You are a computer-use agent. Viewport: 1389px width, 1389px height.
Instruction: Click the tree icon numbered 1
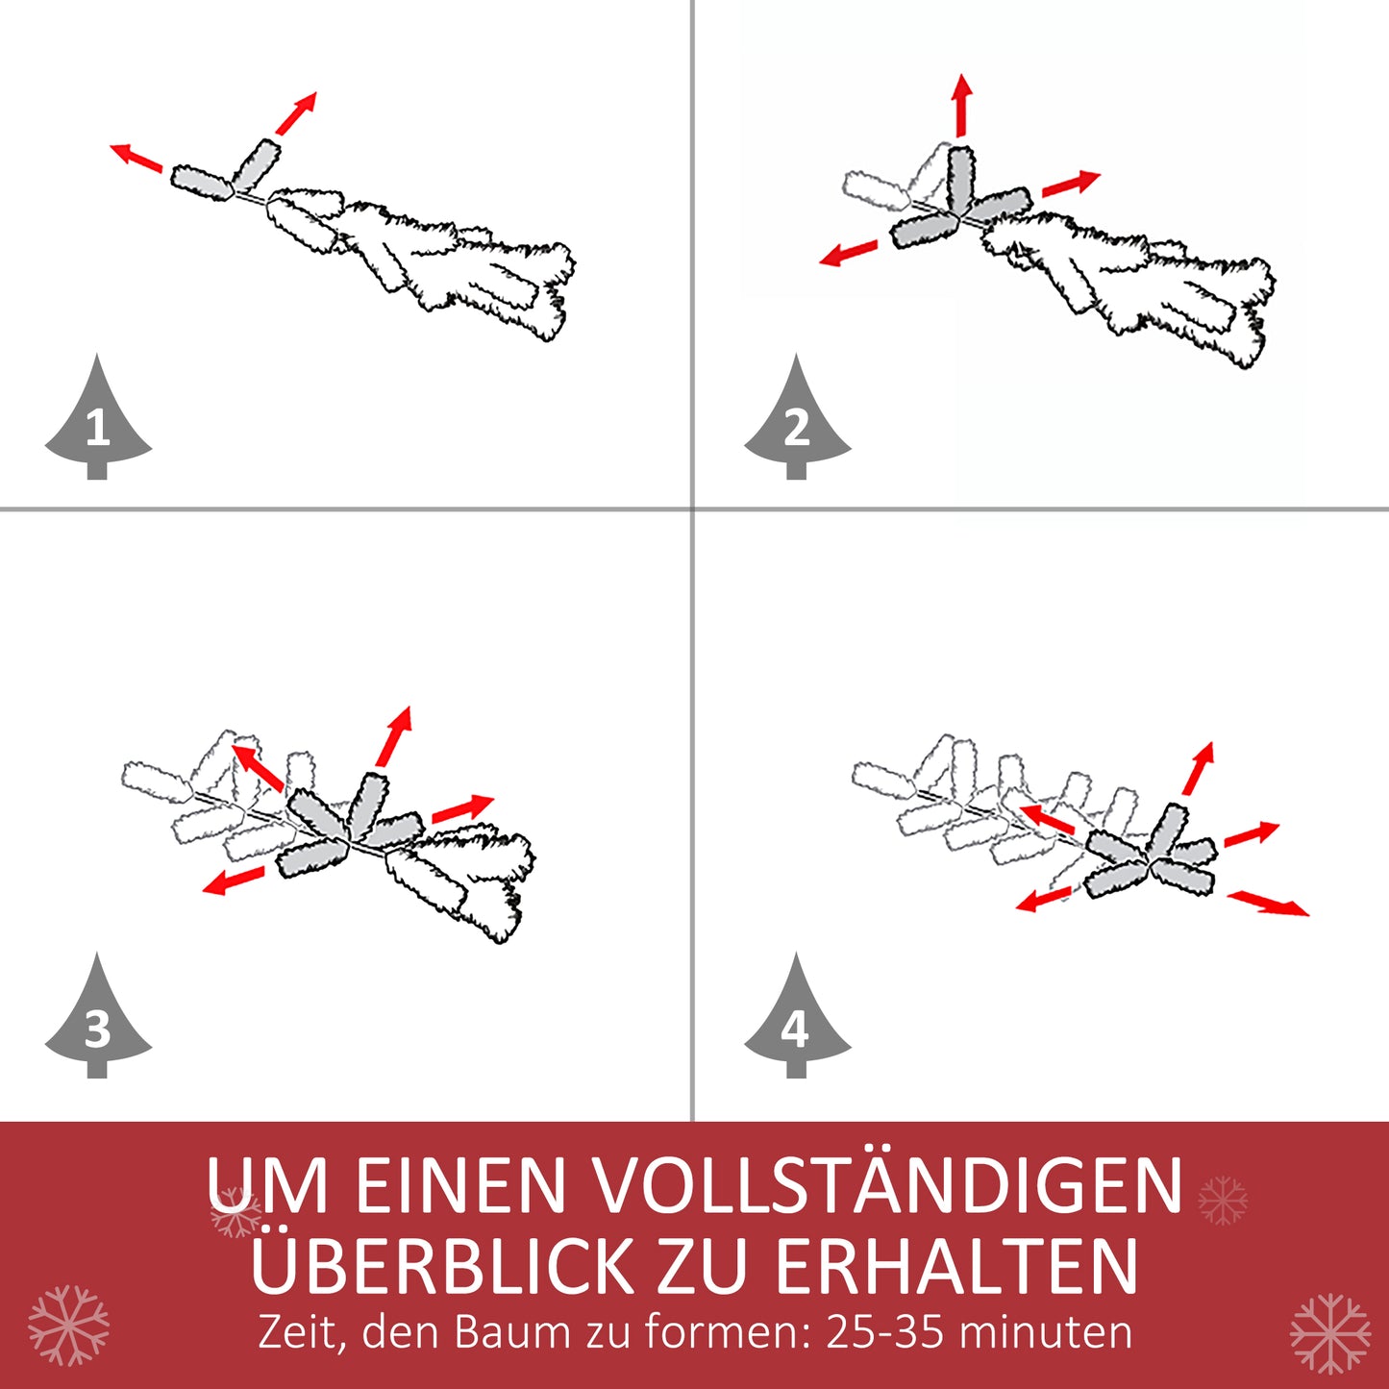point(98,423)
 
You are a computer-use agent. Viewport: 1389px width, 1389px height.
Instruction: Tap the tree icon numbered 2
point(797,423)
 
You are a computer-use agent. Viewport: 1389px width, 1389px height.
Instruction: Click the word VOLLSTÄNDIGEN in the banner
point(884,1185)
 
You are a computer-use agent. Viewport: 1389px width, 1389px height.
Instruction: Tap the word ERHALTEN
point(956,1266)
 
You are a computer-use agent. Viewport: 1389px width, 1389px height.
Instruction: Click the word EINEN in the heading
point(460,1185)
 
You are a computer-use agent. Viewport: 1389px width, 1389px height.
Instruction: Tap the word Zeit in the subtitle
point(299,1333)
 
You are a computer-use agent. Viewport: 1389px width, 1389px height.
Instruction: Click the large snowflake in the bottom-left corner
point(68,1326)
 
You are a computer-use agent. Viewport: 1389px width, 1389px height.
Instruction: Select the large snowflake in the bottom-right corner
point(1329,1332)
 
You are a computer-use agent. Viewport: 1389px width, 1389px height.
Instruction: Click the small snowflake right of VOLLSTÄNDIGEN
point(1223,1200)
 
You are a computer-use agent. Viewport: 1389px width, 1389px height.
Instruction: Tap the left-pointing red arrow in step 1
point(136,157)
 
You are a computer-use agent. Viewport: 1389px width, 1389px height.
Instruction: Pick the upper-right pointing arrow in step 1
point(296,113)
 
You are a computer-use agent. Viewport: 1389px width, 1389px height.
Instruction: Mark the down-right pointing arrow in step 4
point(1269,903)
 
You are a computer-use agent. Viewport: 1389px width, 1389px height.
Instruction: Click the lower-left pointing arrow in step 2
point(849,253)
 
